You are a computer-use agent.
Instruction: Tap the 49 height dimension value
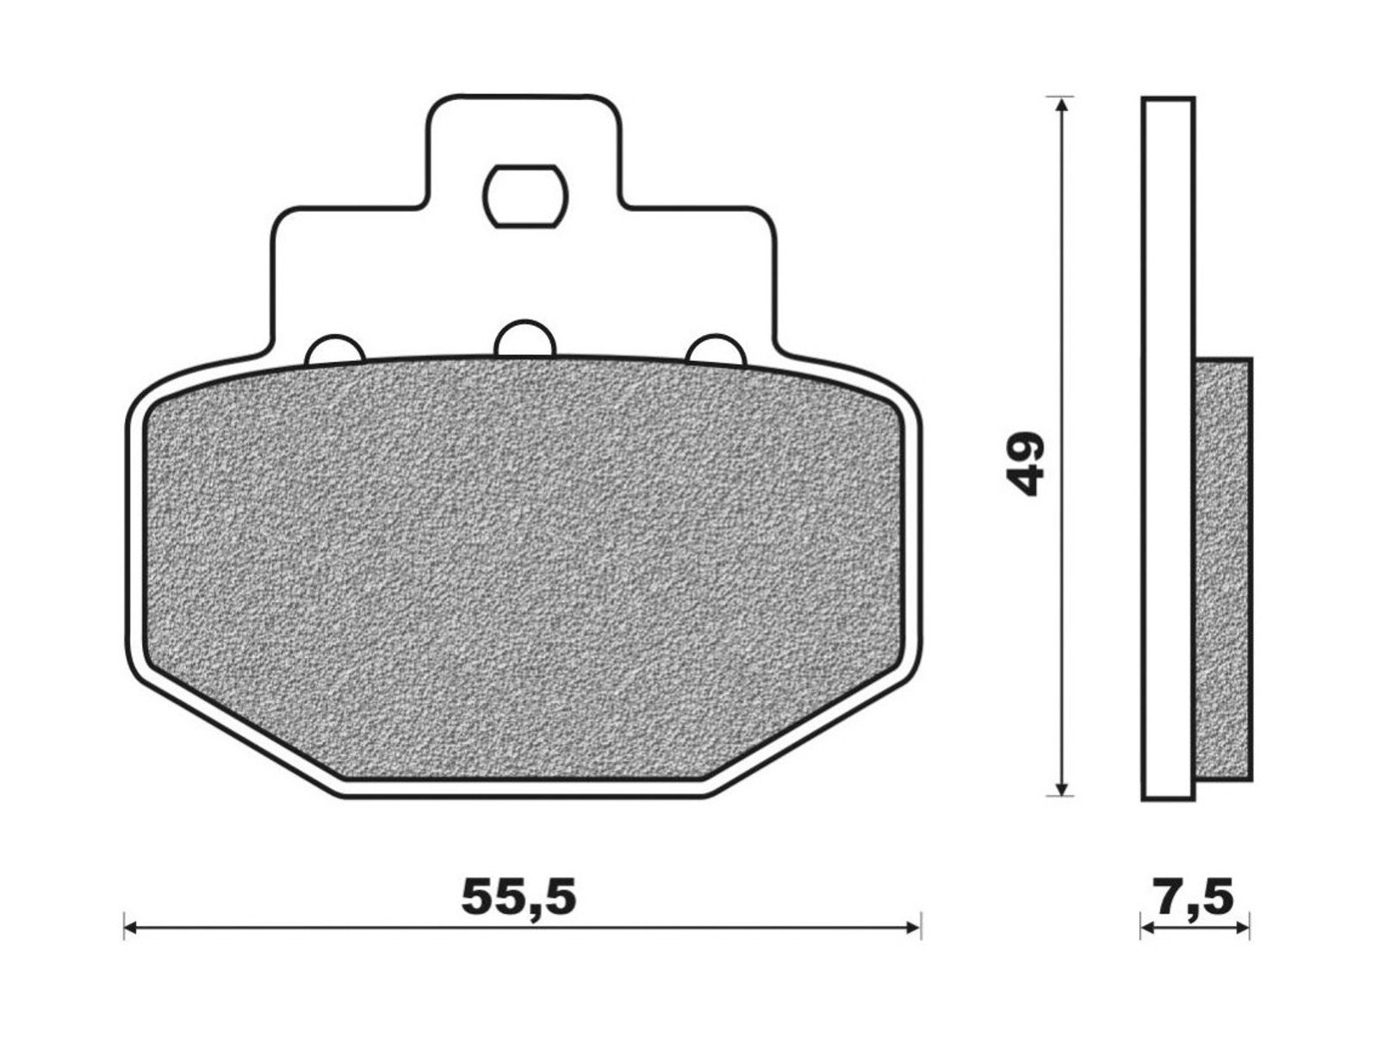coord(1024,463)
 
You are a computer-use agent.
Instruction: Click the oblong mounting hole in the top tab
coord(526,196)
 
